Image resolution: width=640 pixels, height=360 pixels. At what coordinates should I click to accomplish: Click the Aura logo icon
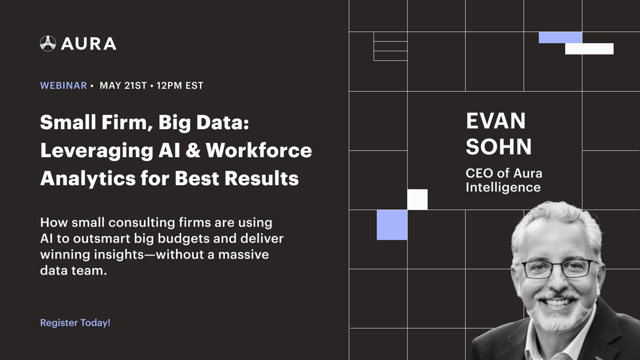click(48, 43)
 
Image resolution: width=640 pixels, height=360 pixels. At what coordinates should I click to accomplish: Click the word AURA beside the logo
click(89, 44)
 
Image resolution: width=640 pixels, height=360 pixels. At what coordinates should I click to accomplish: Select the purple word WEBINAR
click(63, 85)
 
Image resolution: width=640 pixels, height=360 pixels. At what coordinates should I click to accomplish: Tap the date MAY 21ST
click(123, 85)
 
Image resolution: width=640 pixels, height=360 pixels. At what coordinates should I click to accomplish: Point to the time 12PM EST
click(180, 85)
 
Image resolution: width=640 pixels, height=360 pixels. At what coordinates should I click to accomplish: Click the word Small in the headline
click(63, 123)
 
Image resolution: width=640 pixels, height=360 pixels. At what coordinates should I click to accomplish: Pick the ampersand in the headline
click(192, 150)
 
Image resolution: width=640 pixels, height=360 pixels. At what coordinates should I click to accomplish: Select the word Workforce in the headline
click(259, 150)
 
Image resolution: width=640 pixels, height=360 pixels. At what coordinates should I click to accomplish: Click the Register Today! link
click(75, 323)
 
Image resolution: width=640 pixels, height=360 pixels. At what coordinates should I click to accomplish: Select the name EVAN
click(496, 121)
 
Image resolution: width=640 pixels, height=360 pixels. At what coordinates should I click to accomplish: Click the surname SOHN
click(499, 147)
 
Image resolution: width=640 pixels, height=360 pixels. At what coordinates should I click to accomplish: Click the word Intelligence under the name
click(503, 187)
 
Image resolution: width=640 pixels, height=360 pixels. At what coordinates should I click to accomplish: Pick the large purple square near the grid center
click(392, 225)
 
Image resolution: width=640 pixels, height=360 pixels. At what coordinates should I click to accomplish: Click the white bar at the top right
click(589, 49)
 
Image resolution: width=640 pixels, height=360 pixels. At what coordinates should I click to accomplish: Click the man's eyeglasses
click(557, 268)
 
